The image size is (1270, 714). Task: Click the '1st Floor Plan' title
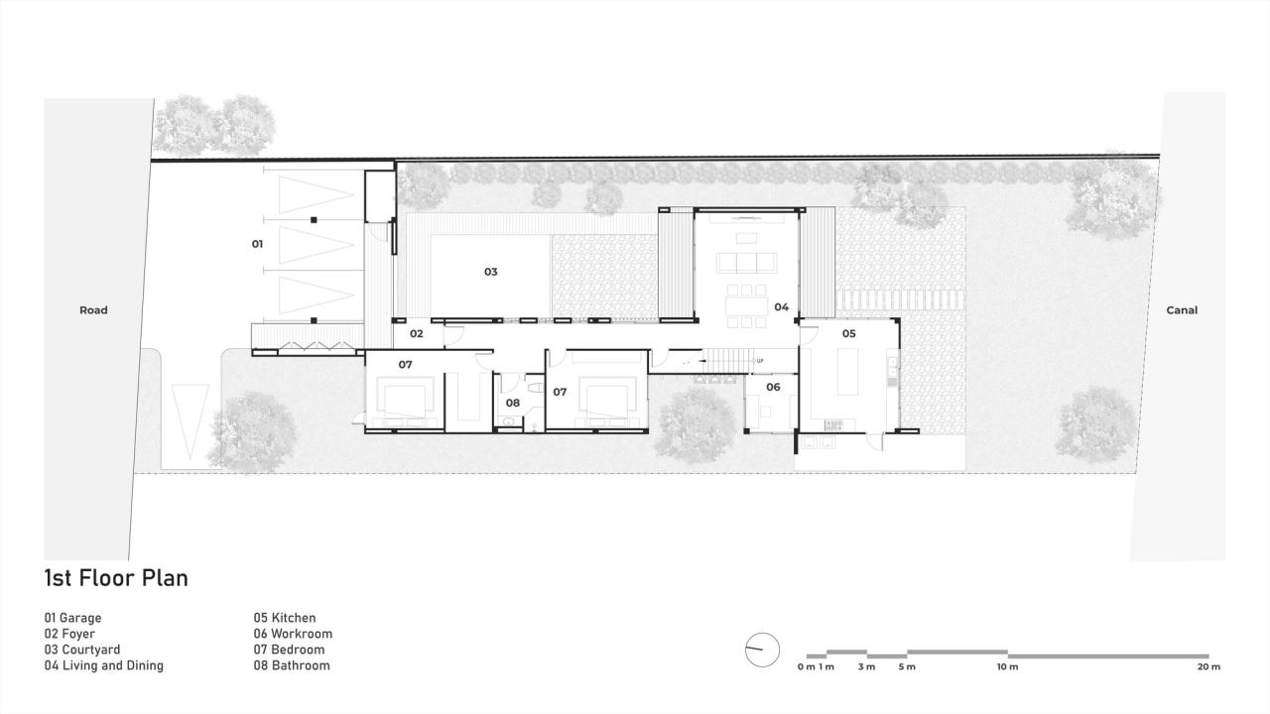tap(115, 578)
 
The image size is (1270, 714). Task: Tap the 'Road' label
tap(93, 310)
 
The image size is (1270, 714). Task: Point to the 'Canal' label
tap(1182, 310)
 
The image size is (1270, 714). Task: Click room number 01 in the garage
tap(257, 243)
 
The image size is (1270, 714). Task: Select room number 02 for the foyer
tap(417, 334)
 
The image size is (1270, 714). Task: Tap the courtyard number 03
tap(490, 272)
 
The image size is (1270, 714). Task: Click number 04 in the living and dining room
tap(782, 307)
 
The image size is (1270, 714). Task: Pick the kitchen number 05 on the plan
tap(848, 334)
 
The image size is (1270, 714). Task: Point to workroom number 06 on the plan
tap(773, 388)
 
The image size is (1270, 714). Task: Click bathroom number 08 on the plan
tap(512, 404)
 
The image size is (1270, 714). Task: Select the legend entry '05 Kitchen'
tap(285, 618)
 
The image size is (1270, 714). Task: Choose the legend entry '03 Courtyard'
tap(82, 650)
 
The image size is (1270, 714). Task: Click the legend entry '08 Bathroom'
tap(292, 665)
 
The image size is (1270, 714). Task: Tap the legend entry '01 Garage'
tap(72, 618)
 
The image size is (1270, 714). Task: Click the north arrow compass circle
tap(762, 650)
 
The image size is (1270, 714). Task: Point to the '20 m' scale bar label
tap(1208, 667)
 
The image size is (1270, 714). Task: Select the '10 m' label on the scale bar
tap(1007, 667)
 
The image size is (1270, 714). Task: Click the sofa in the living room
tap(745, 263)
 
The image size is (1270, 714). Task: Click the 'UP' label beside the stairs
tap(760, 361)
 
